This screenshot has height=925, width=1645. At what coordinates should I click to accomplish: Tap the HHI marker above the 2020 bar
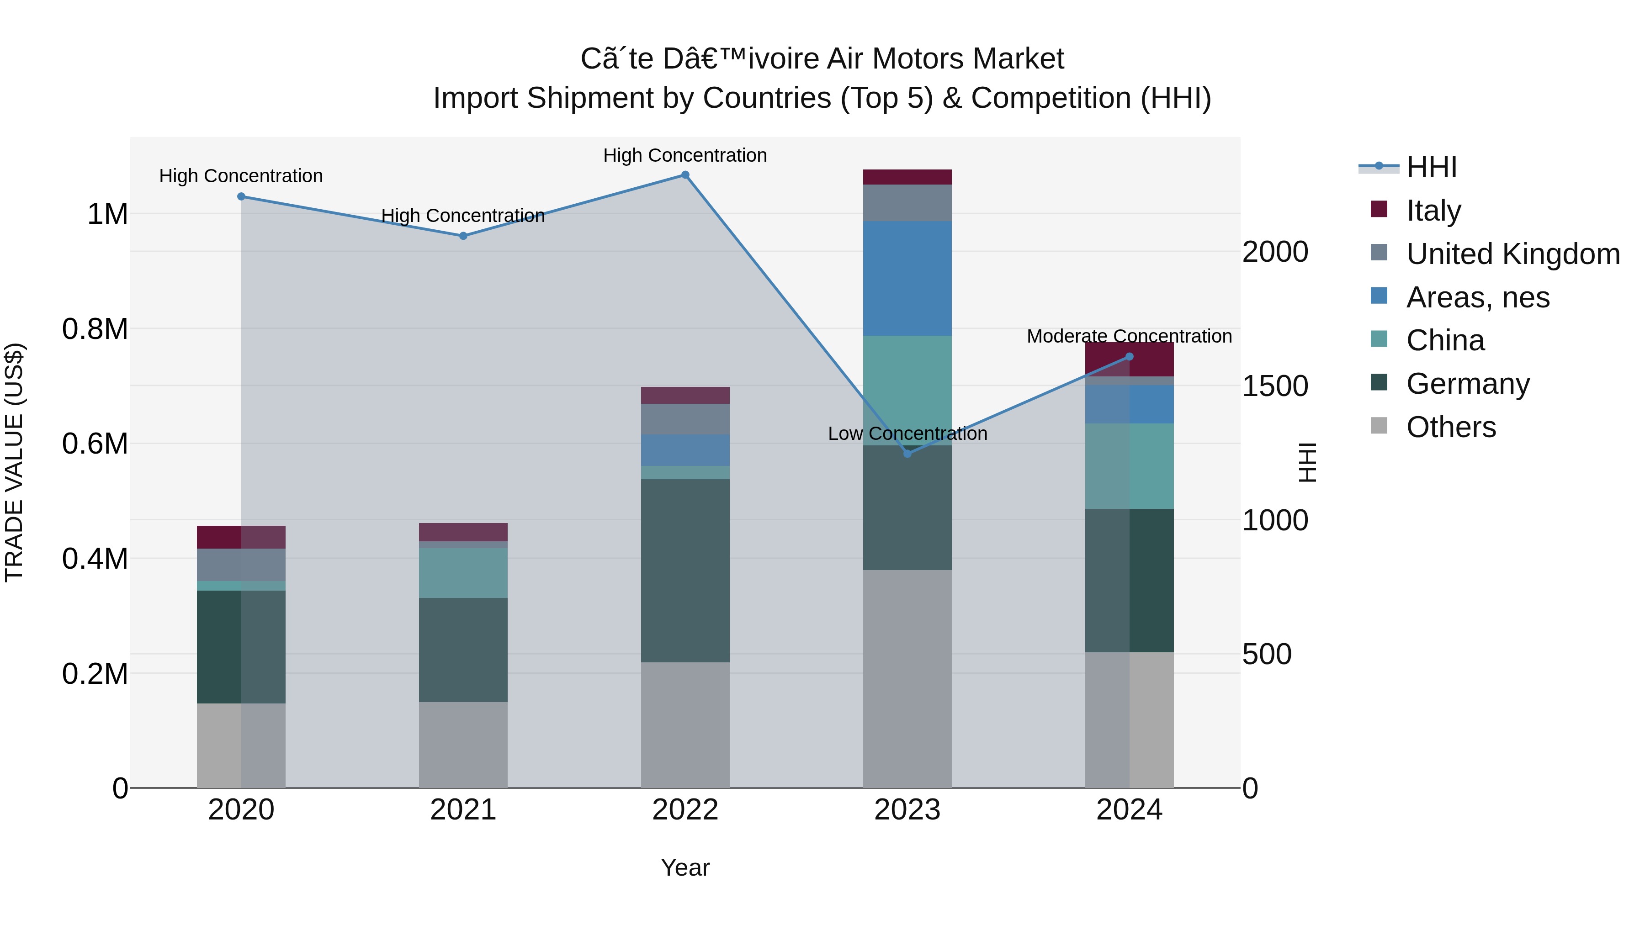241,196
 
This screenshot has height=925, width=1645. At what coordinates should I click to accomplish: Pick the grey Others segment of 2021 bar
463,745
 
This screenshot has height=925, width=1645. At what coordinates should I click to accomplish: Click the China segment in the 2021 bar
463,573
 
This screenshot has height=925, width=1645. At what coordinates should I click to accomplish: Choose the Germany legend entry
1467,384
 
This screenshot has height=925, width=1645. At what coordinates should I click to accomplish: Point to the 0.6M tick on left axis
95,444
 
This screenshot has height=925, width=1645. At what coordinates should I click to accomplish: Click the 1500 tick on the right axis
1274,386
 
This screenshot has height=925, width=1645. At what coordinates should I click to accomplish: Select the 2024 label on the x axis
1129,810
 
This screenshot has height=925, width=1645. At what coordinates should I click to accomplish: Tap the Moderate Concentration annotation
1129,336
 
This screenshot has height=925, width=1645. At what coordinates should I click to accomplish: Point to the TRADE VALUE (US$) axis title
15,462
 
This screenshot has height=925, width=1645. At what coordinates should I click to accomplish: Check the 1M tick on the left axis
107,214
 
